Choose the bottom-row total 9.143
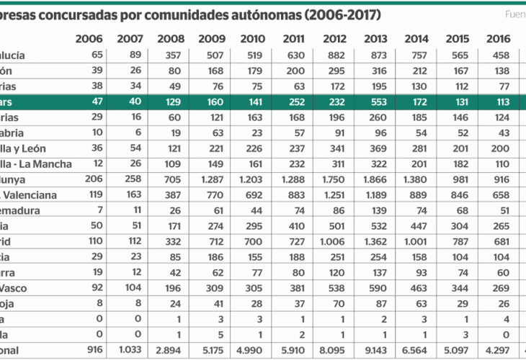(x=377, y=351)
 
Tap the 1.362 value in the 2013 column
(x=377, y=241)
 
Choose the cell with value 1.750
(x=336, y=179)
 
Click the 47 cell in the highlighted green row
(x=98, y=102)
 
